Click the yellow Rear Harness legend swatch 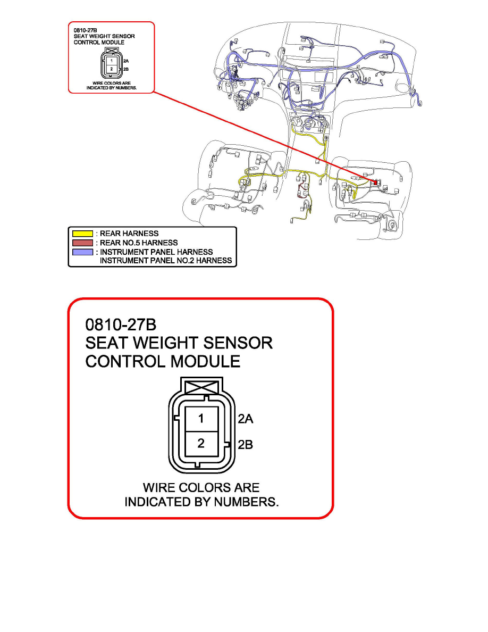point(82,233)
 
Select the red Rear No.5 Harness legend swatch point(82,242)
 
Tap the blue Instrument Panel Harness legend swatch point(82,251)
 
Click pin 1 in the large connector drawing point(201,419)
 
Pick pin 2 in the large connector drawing point(201,443)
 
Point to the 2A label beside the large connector point(245,419)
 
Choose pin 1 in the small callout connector point(111,62)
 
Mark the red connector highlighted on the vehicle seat point(376,182)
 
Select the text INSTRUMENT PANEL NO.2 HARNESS point(166,261)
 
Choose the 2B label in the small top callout point(126,69)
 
